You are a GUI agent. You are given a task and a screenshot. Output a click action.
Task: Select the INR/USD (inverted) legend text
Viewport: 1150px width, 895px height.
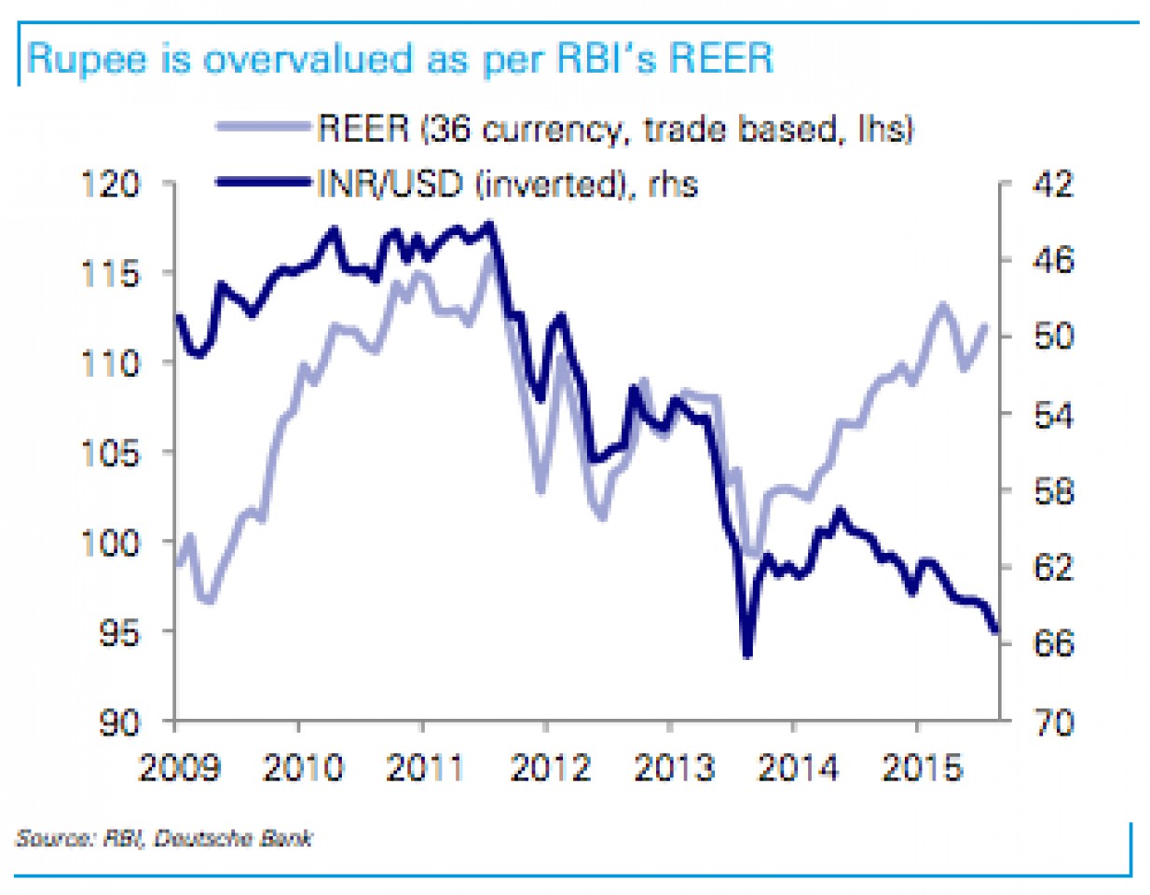508,184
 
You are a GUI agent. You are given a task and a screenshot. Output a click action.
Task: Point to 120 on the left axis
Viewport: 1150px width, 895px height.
110,184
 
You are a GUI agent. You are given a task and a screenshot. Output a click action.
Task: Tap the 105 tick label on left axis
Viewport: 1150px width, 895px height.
110,453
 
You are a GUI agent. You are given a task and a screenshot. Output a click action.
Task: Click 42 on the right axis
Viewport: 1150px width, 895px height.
1053,184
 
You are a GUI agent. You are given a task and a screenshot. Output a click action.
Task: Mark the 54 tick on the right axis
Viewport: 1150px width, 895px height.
1053,415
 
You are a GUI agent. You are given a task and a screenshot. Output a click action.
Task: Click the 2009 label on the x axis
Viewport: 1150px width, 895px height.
179,768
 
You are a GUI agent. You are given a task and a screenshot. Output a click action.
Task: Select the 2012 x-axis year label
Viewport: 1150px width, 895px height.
550,768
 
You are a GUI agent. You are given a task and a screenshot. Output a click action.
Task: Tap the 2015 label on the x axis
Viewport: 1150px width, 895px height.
921,768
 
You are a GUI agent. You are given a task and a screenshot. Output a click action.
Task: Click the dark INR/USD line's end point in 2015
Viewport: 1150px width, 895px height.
995,631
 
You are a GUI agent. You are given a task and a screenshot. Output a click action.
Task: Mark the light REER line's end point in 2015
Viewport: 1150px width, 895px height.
985,325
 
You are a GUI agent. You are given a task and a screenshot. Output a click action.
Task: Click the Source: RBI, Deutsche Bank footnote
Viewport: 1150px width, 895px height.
164,838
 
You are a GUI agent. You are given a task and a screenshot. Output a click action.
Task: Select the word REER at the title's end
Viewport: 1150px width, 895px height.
721,59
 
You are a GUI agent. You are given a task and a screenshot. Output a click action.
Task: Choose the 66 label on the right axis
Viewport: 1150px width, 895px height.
1053,643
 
